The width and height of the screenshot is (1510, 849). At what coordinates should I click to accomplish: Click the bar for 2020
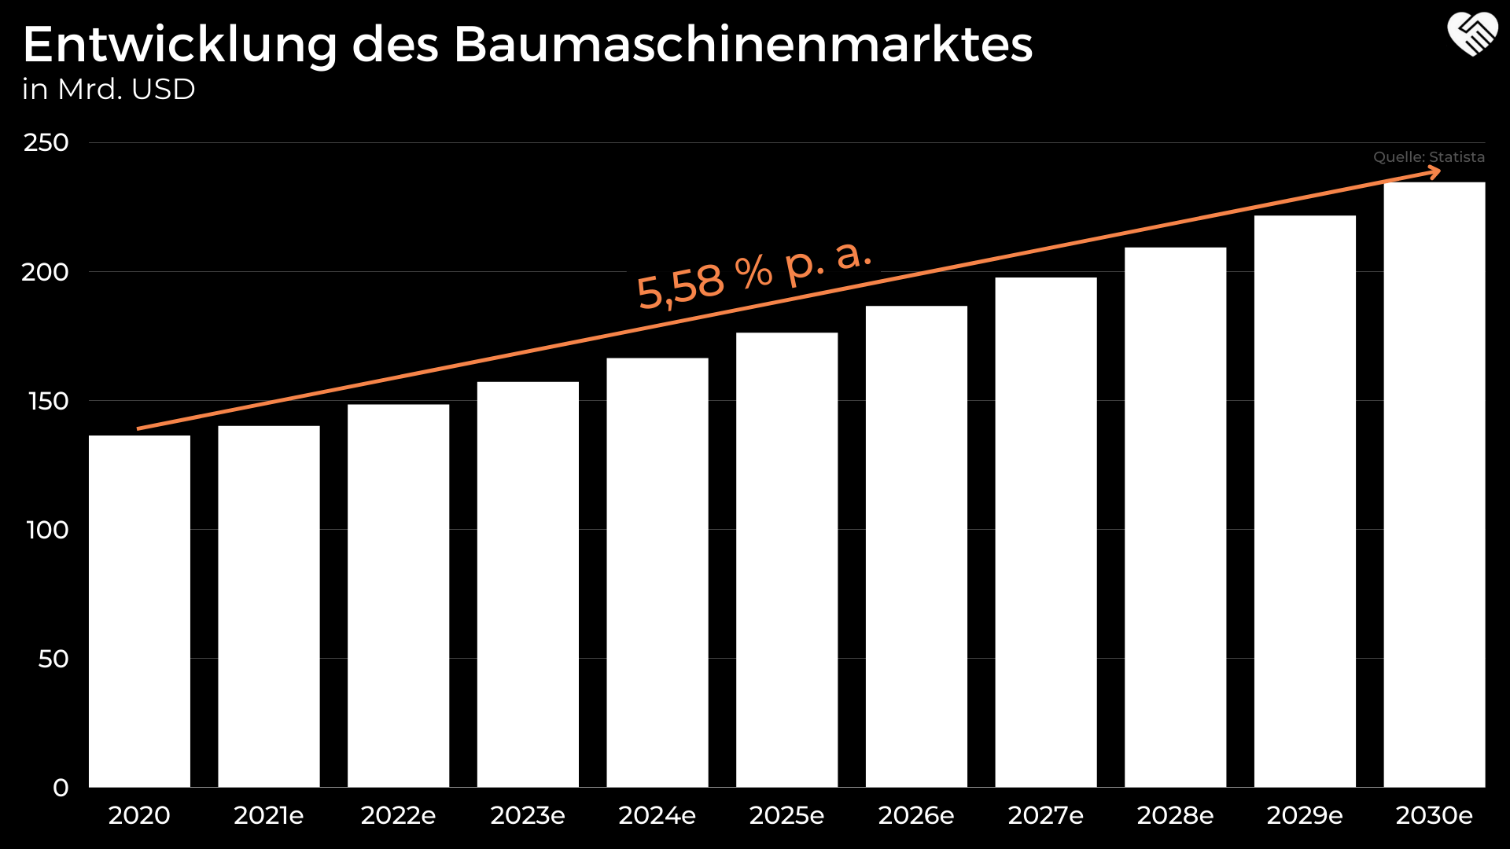[139, 611]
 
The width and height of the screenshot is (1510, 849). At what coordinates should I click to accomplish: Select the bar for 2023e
[528, 584]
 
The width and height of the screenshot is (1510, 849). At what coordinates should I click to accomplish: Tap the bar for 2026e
[916, 546]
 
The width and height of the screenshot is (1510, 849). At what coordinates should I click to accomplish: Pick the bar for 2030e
[1434, 484]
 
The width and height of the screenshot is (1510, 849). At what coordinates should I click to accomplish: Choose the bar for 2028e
[1175, 517]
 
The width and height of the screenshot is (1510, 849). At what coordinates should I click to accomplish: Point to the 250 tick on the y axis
[46, 143]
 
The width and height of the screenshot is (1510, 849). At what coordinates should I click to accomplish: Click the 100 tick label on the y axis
[47, 530]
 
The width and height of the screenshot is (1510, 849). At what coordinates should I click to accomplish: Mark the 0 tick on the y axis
[61, 788]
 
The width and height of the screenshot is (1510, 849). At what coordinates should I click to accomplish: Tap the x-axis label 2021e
[268, 815]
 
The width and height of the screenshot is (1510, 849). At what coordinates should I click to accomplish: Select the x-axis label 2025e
[786, 815]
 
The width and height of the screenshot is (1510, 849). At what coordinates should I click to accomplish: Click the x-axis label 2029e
[1305, 815]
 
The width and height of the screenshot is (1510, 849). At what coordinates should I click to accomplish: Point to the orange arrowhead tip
[1439, 172]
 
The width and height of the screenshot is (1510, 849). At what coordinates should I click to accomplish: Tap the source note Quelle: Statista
[1428, 157]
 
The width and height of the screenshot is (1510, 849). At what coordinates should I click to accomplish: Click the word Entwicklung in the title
[179, 45]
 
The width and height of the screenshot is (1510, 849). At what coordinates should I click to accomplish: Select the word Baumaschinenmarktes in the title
[742, 45]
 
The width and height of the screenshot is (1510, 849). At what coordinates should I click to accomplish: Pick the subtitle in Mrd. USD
[109, 90]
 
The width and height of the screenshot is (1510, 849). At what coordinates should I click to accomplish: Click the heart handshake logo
[1472, 35]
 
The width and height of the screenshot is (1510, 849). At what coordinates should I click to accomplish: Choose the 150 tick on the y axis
[48, 401]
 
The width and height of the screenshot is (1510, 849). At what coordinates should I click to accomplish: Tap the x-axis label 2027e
[1045, 815]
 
